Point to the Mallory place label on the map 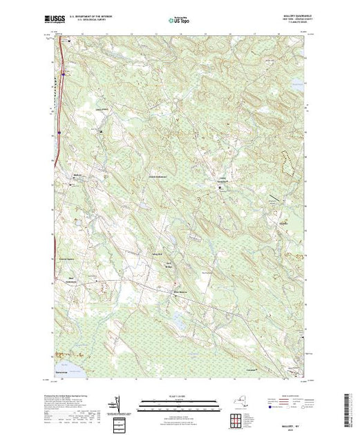78,174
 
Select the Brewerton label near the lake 63,379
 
